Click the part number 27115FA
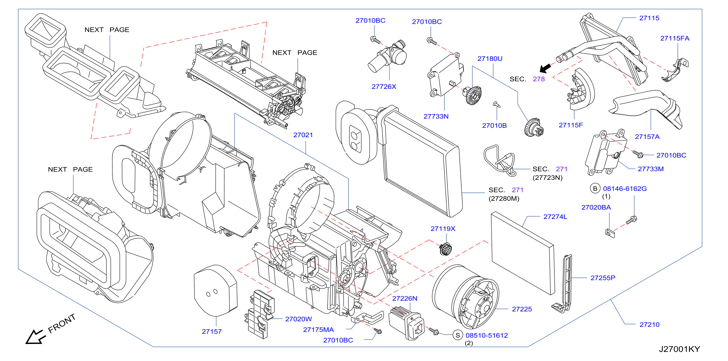pos(675,38)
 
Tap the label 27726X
pos(384,87)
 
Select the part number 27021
pos(303,135)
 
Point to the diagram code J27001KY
pos(679,349)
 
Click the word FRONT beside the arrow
pos(62,323)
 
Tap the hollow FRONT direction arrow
pos(35,337)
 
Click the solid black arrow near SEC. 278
pos(545,68)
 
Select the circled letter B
pos(595,189)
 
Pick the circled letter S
pos(457,335)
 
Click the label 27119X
pos(443,229)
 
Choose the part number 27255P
pos(603,278)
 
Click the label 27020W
pos(299,319)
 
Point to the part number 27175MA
pos(318,330)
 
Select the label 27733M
pos(651,169)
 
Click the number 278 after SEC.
pos(539,79)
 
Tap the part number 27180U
pos(490,59)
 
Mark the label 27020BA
pos(596,208)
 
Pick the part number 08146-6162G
pos(625,189)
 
